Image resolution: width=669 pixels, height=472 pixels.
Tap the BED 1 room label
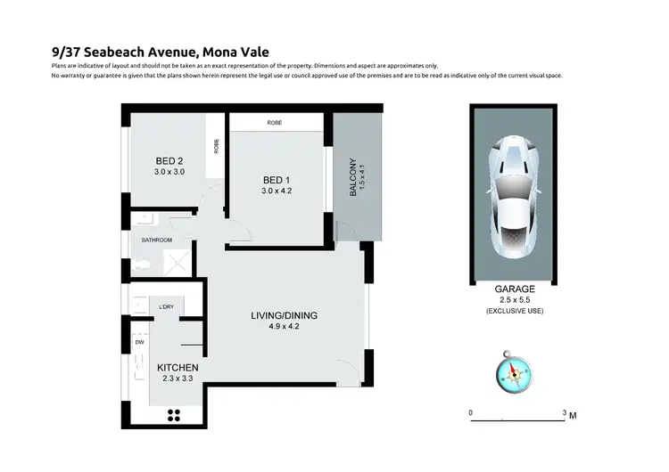[275, 177]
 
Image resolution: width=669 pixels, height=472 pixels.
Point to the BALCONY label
[354, 184]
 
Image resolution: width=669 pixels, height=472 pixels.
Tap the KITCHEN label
[178, 367]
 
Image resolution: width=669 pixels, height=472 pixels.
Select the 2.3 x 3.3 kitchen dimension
[178, 379]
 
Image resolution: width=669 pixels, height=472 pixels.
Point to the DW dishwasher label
[140, 342]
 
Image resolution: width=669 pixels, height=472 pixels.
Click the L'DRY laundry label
[166, 307]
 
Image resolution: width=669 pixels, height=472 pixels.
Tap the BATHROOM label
[157, 240]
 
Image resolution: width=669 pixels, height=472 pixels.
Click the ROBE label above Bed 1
[275, 123]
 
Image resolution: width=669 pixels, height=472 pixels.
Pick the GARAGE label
[514, 289]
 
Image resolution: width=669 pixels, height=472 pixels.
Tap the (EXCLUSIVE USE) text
[514, 311]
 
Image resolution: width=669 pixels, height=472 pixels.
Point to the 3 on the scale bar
[564, 413]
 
